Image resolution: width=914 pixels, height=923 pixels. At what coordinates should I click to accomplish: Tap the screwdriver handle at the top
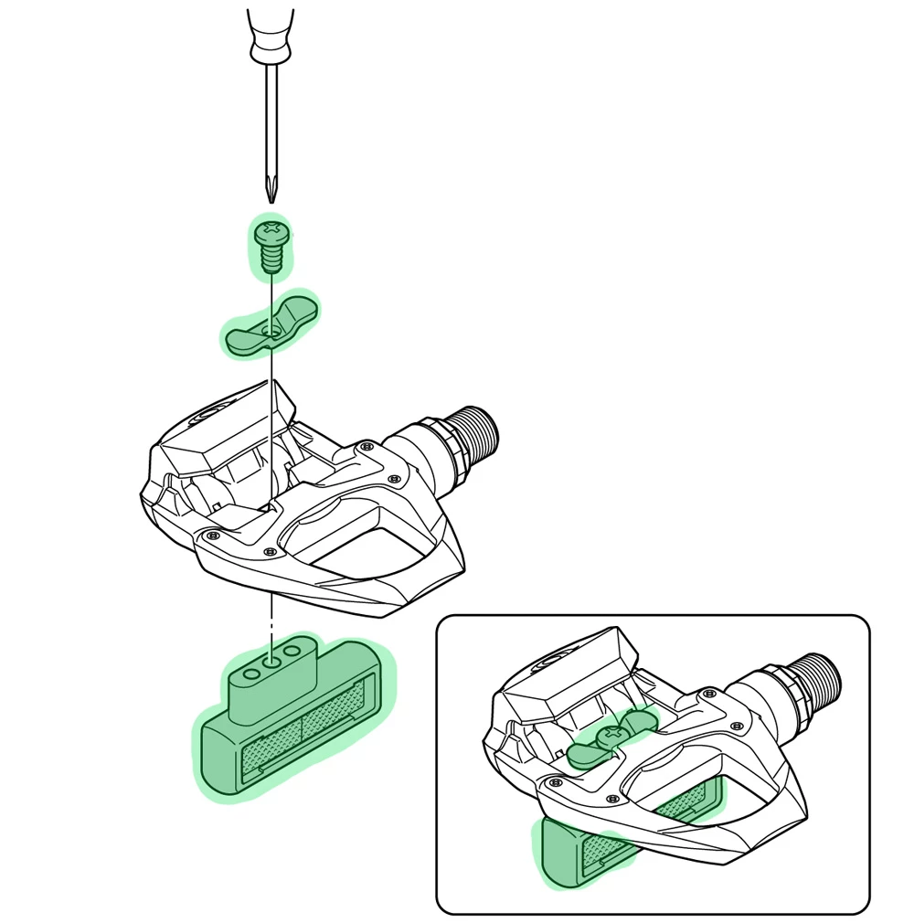click(x=271, y=32)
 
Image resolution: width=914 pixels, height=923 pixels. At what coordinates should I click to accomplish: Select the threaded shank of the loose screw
click(x=270, y=259)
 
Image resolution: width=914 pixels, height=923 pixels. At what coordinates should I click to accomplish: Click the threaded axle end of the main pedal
click(x=476, y=437)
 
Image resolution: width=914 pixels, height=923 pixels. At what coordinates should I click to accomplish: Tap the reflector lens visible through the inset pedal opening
click(x=685, y=802)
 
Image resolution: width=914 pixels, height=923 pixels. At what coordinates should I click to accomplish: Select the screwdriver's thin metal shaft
click(x=271, y=119)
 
